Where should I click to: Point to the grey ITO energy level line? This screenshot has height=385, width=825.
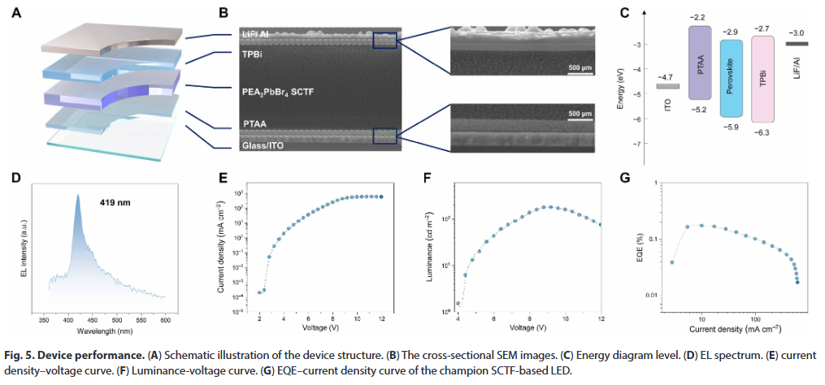click(x=667, y=86)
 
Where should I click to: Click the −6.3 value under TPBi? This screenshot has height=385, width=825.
click(x=762, y=131)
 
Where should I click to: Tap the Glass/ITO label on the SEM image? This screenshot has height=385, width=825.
click(x=266, y=146)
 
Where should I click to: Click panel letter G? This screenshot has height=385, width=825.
click(x=626, y=177)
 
